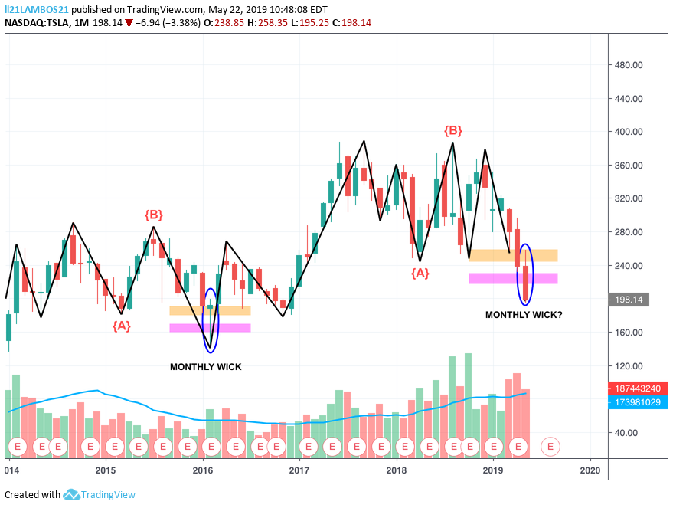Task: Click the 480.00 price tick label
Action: click(629, 65)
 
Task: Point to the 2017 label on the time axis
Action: click(299, 470)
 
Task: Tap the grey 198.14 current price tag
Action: click(629, 300)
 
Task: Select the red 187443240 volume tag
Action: click(637, 388)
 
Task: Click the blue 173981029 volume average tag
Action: click(637, 402)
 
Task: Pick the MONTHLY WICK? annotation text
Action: click(524, 315)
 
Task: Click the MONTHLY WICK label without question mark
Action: click(206, 367)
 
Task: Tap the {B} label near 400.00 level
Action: click(452, 130)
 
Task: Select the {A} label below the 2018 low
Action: click(420, 273)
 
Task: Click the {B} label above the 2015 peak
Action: click(154, 215)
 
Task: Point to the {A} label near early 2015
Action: click(122, 326)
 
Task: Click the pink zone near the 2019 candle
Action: click(513, 278)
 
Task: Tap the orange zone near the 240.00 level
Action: click(513, 255)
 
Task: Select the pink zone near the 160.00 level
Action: click(210, 328)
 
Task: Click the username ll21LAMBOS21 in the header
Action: click(37, 9)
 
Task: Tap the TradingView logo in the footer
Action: click(99, 495)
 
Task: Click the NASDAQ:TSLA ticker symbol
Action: click(37, 23)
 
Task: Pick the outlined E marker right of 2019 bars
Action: click(550, 447)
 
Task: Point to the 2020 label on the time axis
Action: click(590, 470)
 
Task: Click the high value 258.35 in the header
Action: click(273, 23)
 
